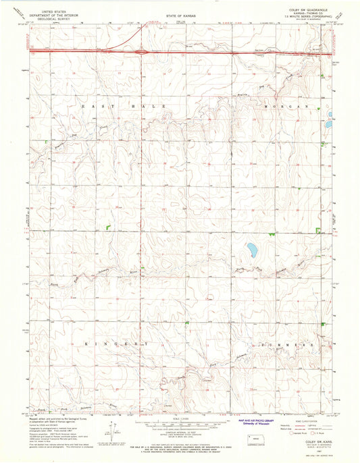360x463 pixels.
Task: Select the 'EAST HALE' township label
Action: (x=113, y=107)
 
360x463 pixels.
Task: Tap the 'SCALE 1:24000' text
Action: (x=179, y=419)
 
